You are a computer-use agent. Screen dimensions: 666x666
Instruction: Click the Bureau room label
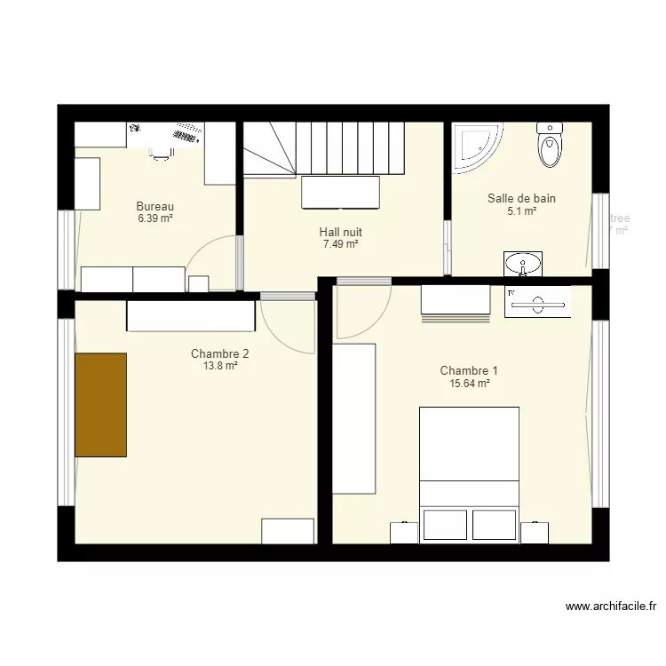click(x=155, y=206)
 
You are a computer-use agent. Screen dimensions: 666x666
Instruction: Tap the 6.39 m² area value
click(x=155, y=218)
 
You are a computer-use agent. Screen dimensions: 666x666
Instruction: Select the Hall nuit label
click(x=340, y=232)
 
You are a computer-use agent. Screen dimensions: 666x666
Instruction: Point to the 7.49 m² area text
click(x=340, y=243)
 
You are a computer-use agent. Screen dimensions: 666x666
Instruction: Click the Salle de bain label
click(x=521, y=199)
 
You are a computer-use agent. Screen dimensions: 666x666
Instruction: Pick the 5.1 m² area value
click(x=521, y=211)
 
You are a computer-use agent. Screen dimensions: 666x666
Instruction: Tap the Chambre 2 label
click(x=219, y=353)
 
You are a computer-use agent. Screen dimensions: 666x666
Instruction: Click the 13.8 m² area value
click(x=219, y=365)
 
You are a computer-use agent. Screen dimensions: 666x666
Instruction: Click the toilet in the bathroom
click(x=550, y=146)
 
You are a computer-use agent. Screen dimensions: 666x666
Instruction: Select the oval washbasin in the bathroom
click(x=524, y=263)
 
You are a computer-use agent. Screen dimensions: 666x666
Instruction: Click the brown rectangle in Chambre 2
click(x=100, y=404)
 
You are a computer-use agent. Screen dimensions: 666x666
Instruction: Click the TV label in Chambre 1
click(x=511, y=291)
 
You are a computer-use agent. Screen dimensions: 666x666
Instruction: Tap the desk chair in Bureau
click(x=160, y=153)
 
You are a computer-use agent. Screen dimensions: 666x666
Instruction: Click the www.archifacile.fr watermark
click(x=611, y=607)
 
